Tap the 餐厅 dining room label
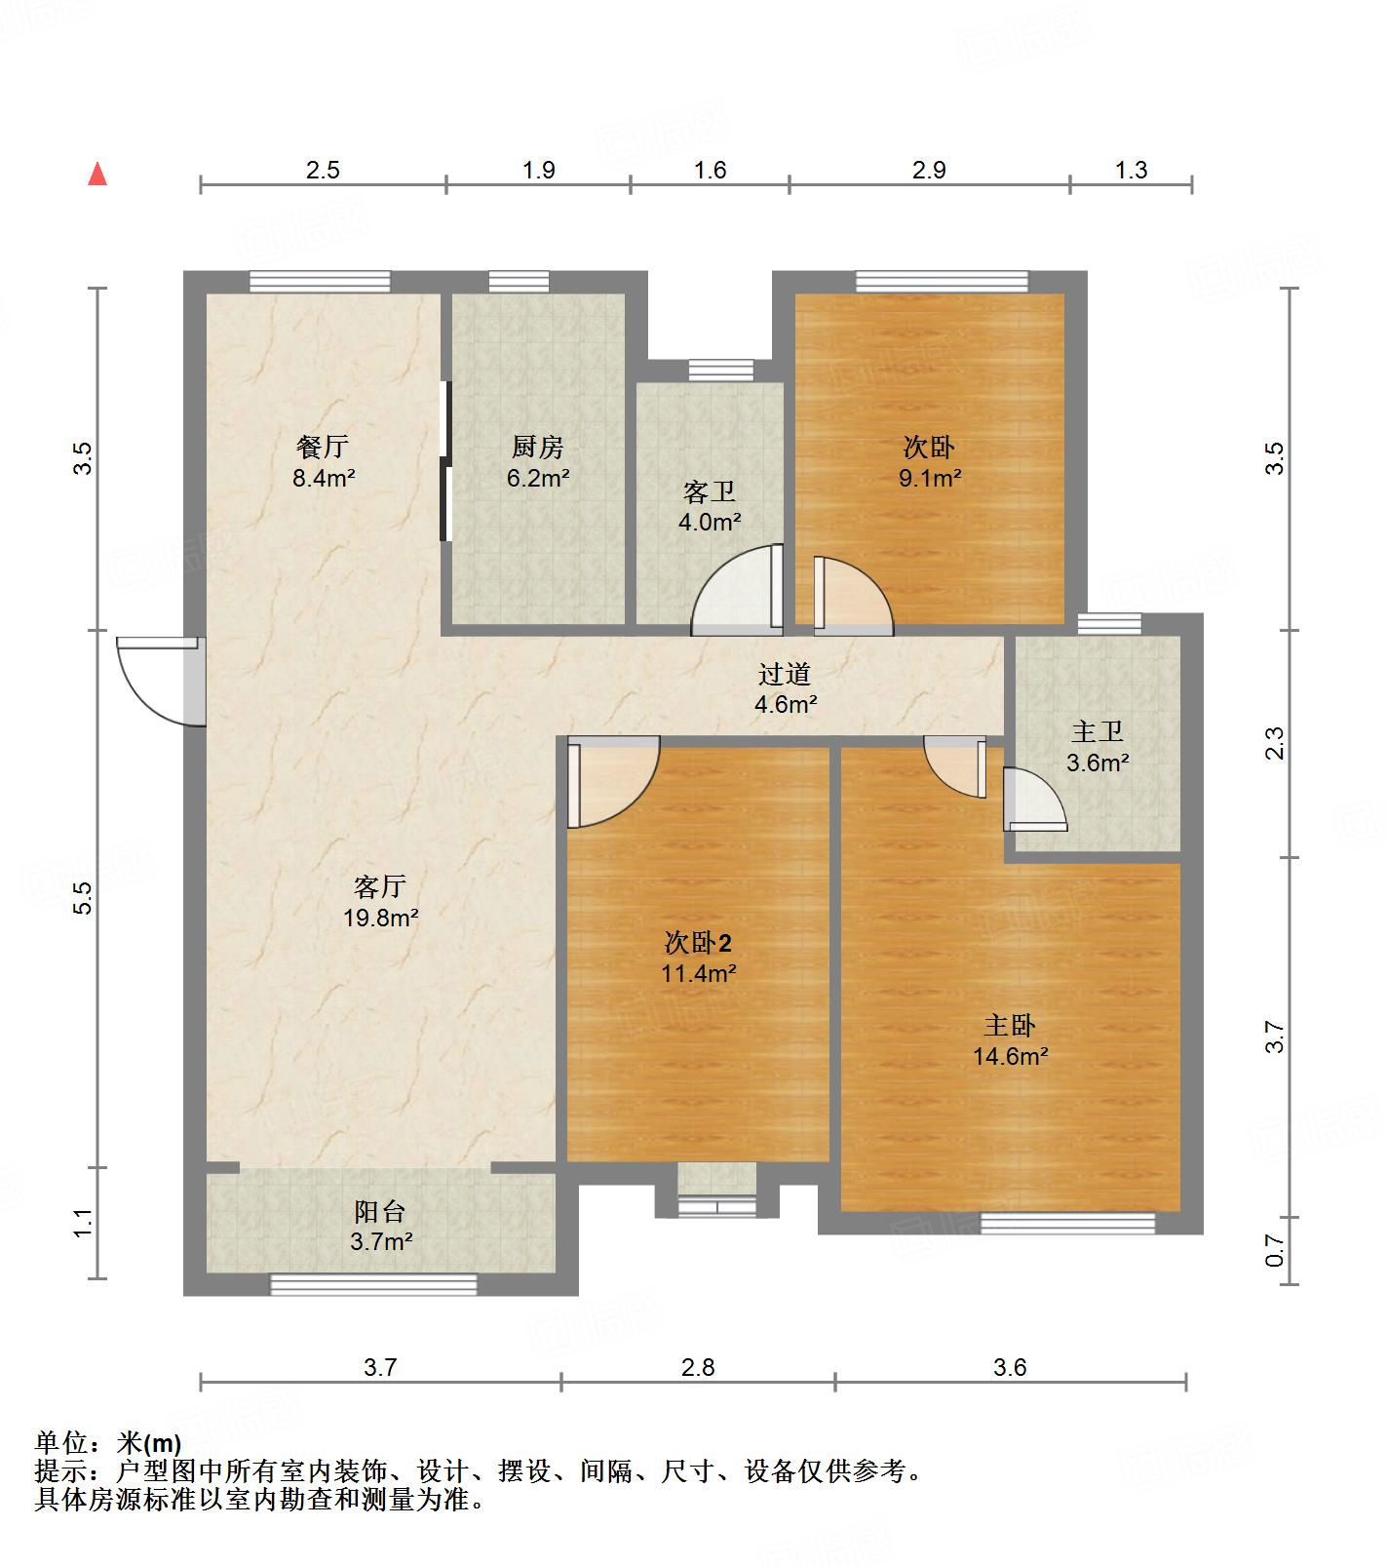tap(323, 448)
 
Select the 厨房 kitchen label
tap(538, 448)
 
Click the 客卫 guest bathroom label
tap(710, 491)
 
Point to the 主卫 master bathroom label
tap(1098, 731)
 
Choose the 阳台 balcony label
tap(380, 1211)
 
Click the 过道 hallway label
tap(785, 674)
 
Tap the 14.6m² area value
tap(1010, 1056)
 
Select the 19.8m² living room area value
tap(380, 918)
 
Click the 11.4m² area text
tap(699, 973)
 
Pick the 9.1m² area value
tap(930, 478)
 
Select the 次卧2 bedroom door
tap(614, 783)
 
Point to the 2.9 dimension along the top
tap(929, 171)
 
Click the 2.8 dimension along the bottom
tap(698, 1367)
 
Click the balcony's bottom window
tap(373, 1284)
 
